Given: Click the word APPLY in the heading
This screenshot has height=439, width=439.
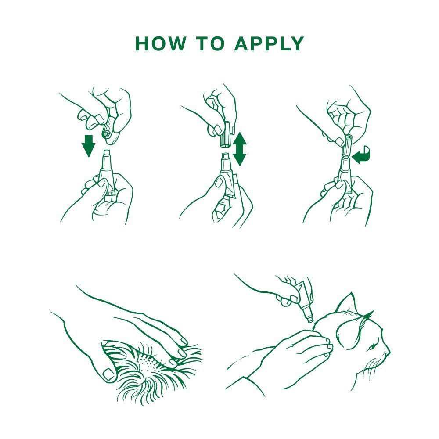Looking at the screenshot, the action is pyautogui.click(x=270, y=43).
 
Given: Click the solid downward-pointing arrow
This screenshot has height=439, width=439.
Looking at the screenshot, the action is pyautogui.click(x=89, y=146).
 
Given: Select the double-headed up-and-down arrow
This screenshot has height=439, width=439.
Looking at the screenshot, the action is pyautogui.click(x=239, y=149).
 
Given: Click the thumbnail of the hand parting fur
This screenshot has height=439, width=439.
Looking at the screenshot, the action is pyautogui.click(x=108, y=374).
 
